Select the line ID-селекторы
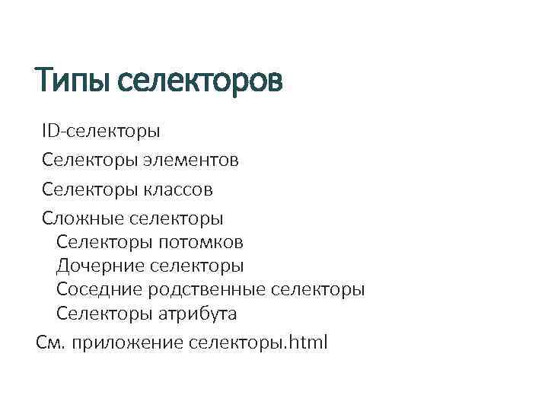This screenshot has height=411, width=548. tap(101, 131)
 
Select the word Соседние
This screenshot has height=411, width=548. tap(100, 290)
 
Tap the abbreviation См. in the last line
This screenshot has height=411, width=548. tap(51, 342)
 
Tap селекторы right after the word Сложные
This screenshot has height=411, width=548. tap(177, 218)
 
